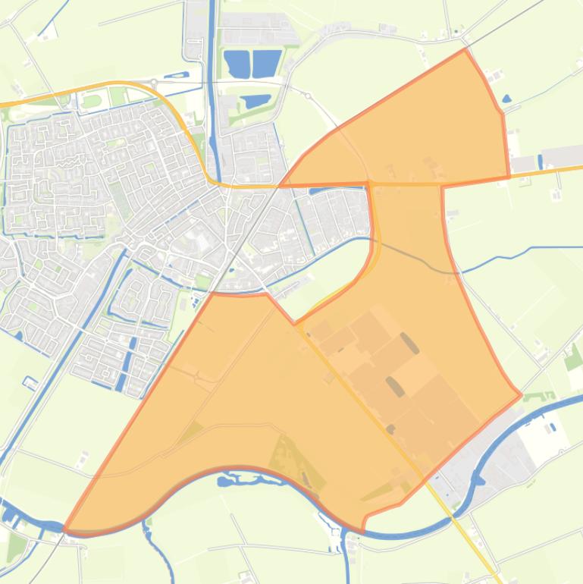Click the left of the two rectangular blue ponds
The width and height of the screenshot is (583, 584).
[237, 63]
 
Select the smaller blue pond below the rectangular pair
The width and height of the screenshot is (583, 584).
[256, 100]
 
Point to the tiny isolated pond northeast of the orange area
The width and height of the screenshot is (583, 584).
[506, 98]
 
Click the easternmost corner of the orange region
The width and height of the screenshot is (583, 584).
[521, 394]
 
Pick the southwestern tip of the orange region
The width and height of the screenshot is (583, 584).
[65, 529]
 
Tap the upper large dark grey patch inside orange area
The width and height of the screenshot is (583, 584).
[409, 344]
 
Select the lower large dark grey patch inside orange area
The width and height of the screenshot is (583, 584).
[395, 387]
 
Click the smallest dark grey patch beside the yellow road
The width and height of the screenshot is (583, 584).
[390, 429]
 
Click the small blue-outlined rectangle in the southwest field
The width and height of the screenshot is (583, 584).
[30, 381]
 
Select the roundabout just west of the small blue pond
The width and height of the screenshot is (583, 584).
[154, 82]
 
